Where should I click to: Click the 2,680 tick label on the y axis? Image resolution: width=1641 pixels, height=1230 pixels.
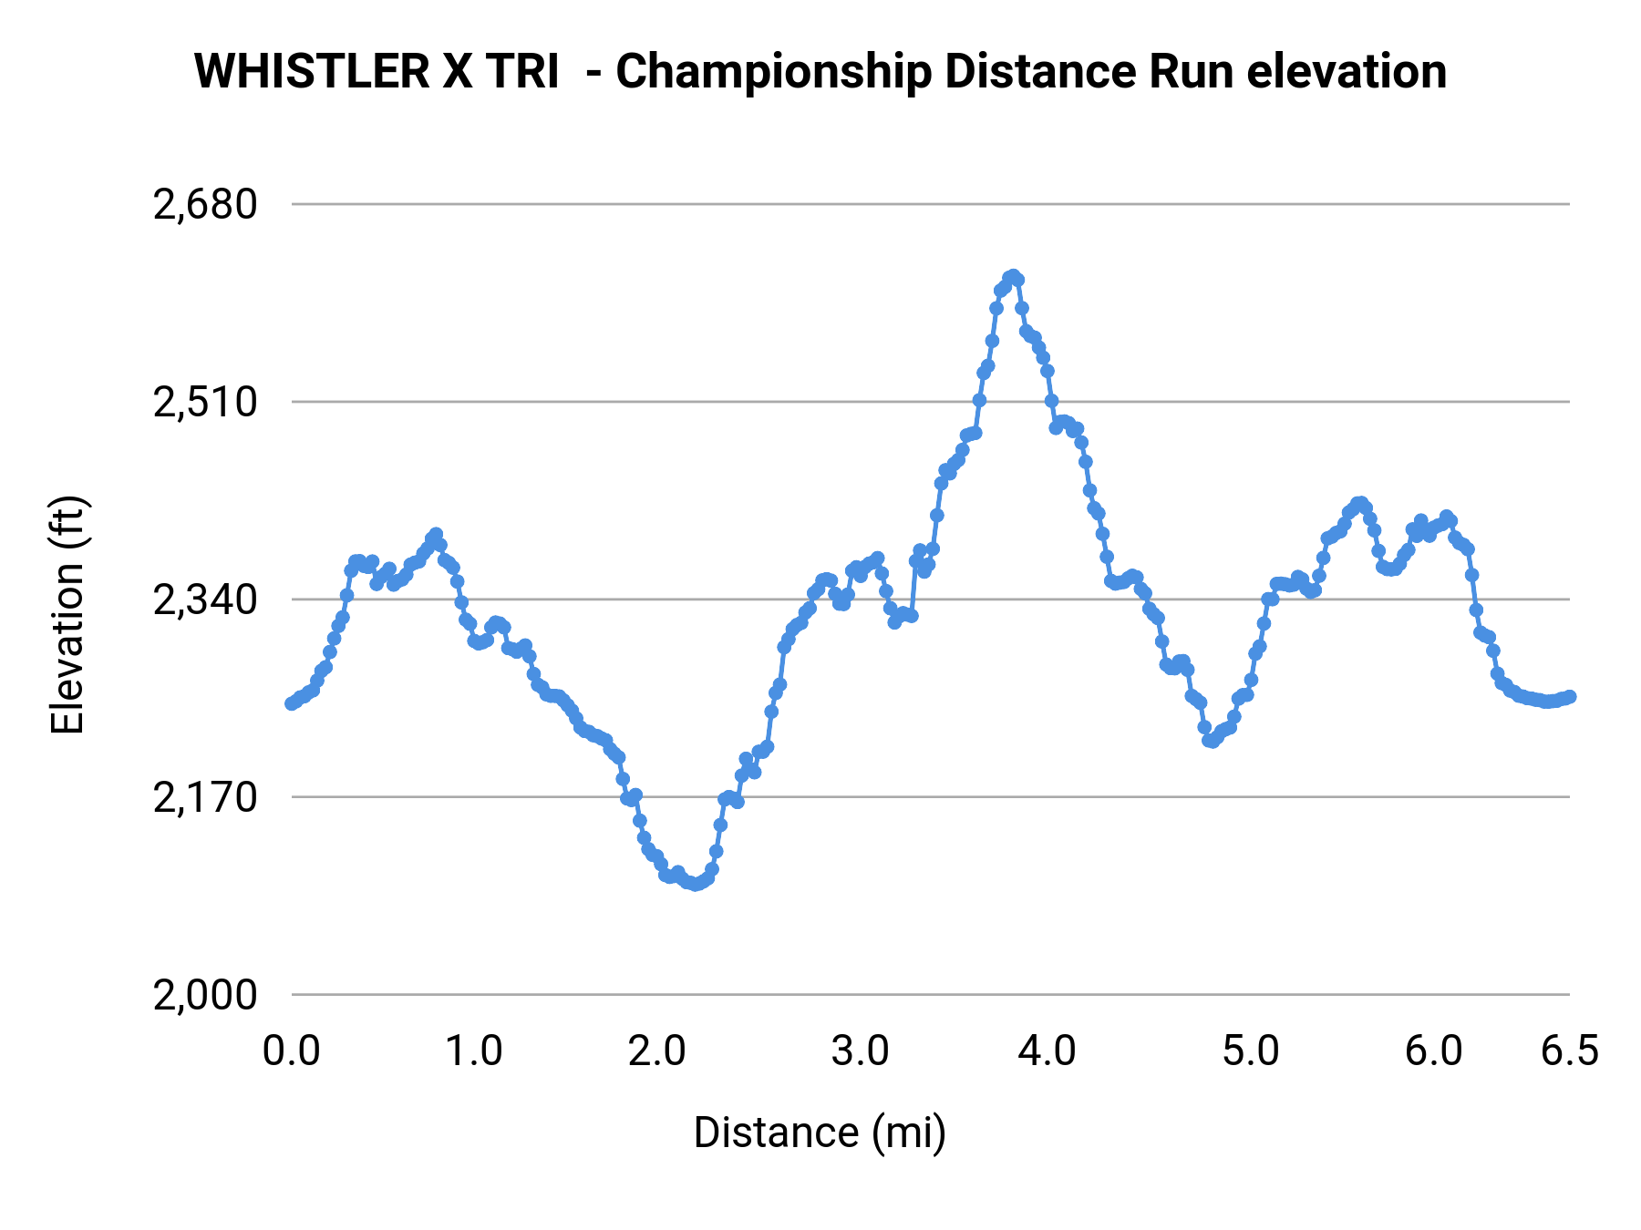click(x=206, y=205)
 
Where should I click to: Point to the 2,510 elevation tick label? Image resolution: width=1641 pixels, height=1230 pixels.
click(x=206, y=402)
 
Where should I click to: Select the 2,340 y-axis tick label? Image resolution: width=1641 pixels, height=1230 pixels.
click(x=206, y=600)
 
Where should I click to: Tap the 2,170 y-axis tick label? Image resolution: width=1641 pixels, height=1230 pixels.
click(x=206, y=797)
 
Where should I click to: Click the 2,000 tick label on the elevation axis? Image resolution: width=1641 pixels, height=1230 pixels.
click(x=206, y=995)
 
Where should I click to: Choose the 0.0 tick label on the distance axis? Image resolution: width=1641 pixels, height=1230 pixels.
click(x=292, y=1051)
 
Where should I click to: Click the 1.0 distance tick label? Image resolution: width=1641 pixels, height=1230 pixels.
click(x=474, y=1051)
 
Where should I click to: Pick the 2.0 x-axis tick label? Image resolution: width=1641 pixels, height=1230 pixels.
click(x=656, y=1051)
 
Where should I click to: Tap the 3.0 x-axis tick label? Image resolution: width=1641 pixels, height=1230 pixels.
click(x=861, y=1051)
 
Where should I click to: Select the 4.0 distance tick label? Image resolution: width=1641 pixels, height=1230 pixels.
click(x=1047, y=1051)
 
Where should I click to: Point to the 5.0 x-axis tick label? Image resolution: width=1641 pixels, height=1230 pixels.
click(x=1251, y=1051)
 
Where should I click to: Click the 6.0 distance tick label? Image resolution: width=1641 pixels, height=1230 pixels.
click(x=1433, y=1051)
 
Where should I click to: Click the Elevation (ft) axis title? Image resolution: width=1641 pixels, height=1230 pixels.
click(x=67, y=615)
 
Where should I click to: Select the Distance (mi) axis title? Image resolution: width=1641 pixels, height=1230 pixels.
click(x=820, y=1133)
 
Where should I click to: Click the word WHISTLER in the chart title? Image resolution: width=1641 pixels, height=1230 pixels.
click(x=312, y=72)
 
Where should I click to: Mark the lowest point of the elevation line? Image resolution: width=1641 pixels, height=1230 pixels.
click(x=697, y=884)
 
